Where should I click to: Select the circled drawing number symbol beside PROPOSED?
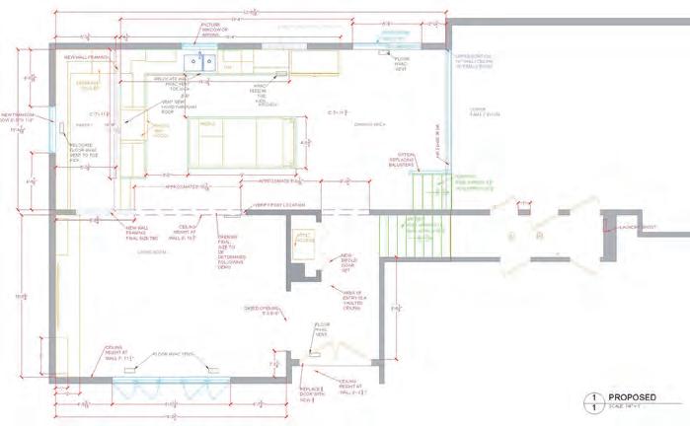point(594,401)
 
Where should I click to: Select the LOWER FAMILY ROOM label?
point(485,110)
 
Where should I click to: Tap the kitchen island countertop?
point(242,142)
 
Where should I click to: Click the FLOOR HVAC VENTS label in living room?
point(174,353)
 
